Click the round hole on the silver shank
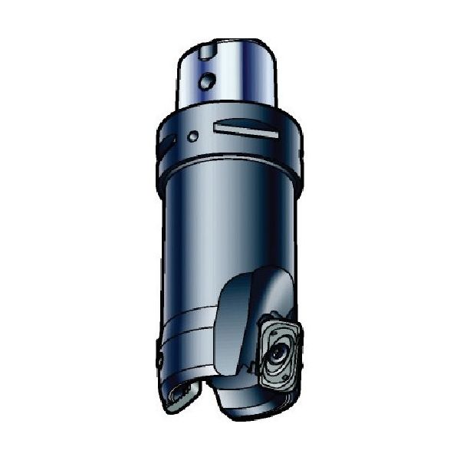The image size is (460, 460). pos(206,80)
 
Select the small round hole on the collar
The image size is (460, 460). pos(194,136)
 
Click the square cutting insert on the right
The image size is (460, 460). pos(278,353)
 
